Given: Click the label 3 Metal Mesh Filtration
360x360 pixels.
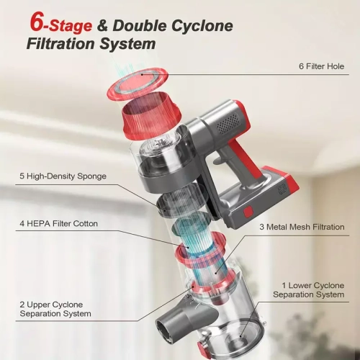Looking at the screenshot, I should [301, 227].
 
